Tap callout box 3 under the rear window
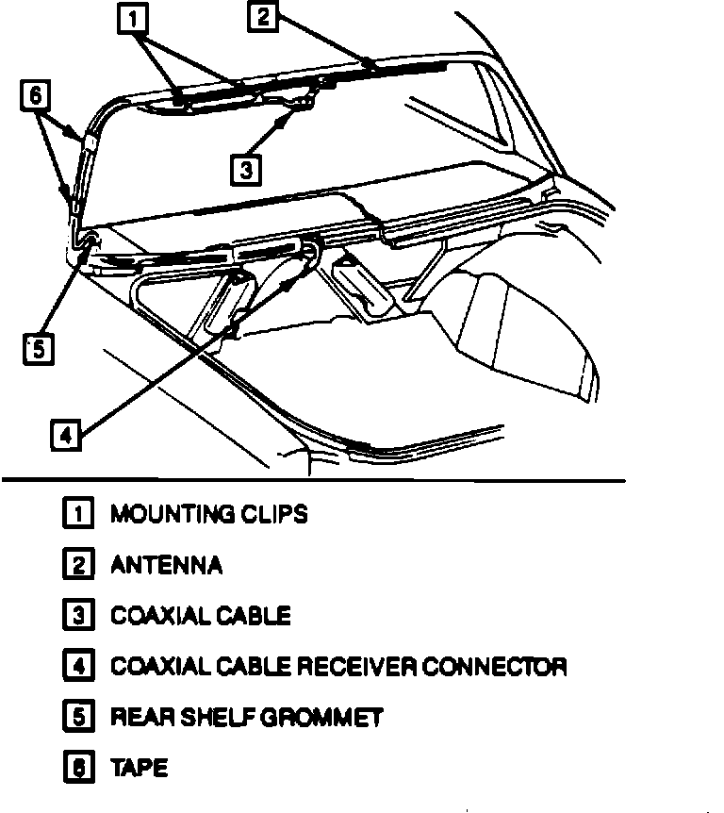click(x=245, y=169)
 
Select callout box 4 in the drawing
click(x=63, y=435)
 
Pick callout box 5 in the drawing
click(x=36, y=349)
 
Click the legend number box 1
click(x=76, y=514)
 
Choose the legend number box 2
click(x=76, y=565)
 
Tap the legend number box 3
click(x=76, y=616)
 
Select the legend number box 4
click(x=76, y=667)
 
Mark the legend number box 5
click(x=76, y=718)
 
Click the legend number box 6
click(x=76, y=768)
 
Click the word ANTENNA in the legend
click(x=167, y=565)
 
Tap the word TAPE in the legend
click(x=140, y=768)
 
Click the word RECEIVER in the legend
click(x=357, y=667)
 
